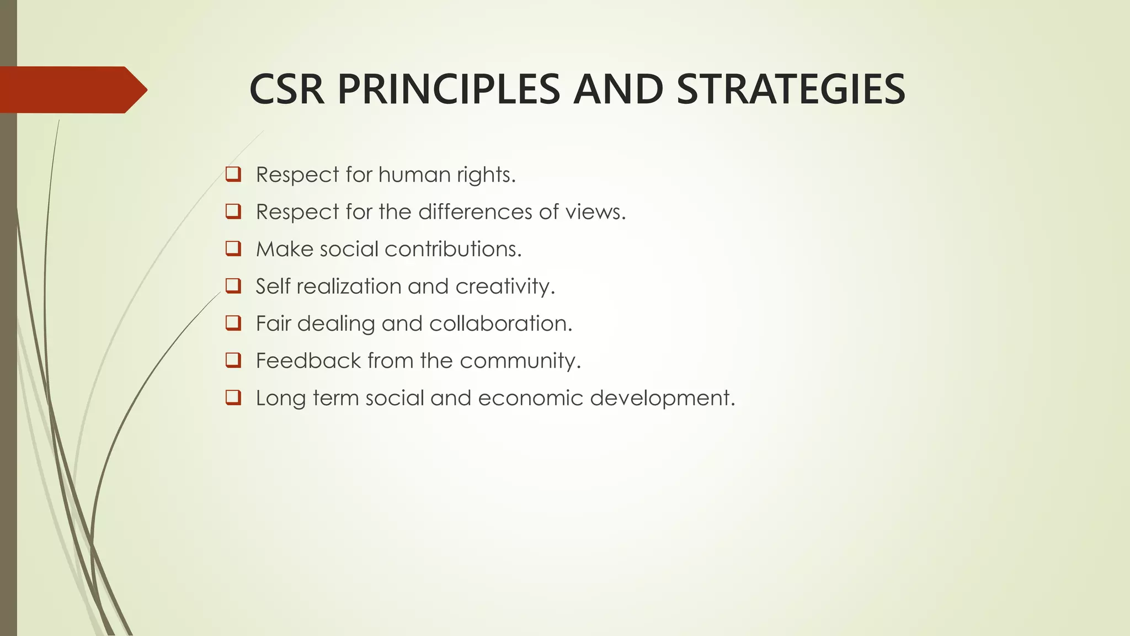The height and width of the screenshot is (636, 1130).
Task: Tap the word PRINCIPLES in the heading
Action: pyautogui.click(x=449, y=89)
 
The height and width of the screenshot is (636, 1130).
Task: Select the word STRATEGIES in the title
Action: pyautogui.click(x=790, y=89)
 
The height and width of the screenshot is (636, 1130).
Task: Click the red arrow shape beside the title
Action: pyautogui.click(x=72, y=89)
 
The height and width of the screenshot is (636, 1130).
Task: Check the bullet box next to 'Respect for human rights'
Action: pyautogui.click(x=233, y=174)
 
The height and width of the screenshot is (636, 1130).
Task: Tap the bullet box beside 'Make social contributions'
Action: pyautogui.click(x=233, y=248)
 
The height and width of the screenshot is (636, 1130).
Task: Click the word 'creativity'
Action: pyautogui.click(x=504, y=287)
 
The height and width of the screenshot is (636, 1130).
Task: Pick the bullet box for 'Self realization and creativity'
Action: pyautogui.click(x=233, y=286)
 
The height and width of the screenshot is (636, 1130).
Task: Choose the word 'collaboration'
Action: pyautogui.click(x=500, y=324)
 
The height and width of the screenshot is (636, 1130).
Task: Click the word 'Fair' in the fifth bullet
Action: pyautogui.click(x=273, y=324)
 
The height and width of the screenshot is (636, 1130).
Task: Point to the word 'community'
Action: pyautogui.click(x=519, y=361)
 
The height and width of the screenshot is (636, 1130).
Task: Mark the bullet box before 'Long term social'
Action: pyautogui.click(x=233, y=397)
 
